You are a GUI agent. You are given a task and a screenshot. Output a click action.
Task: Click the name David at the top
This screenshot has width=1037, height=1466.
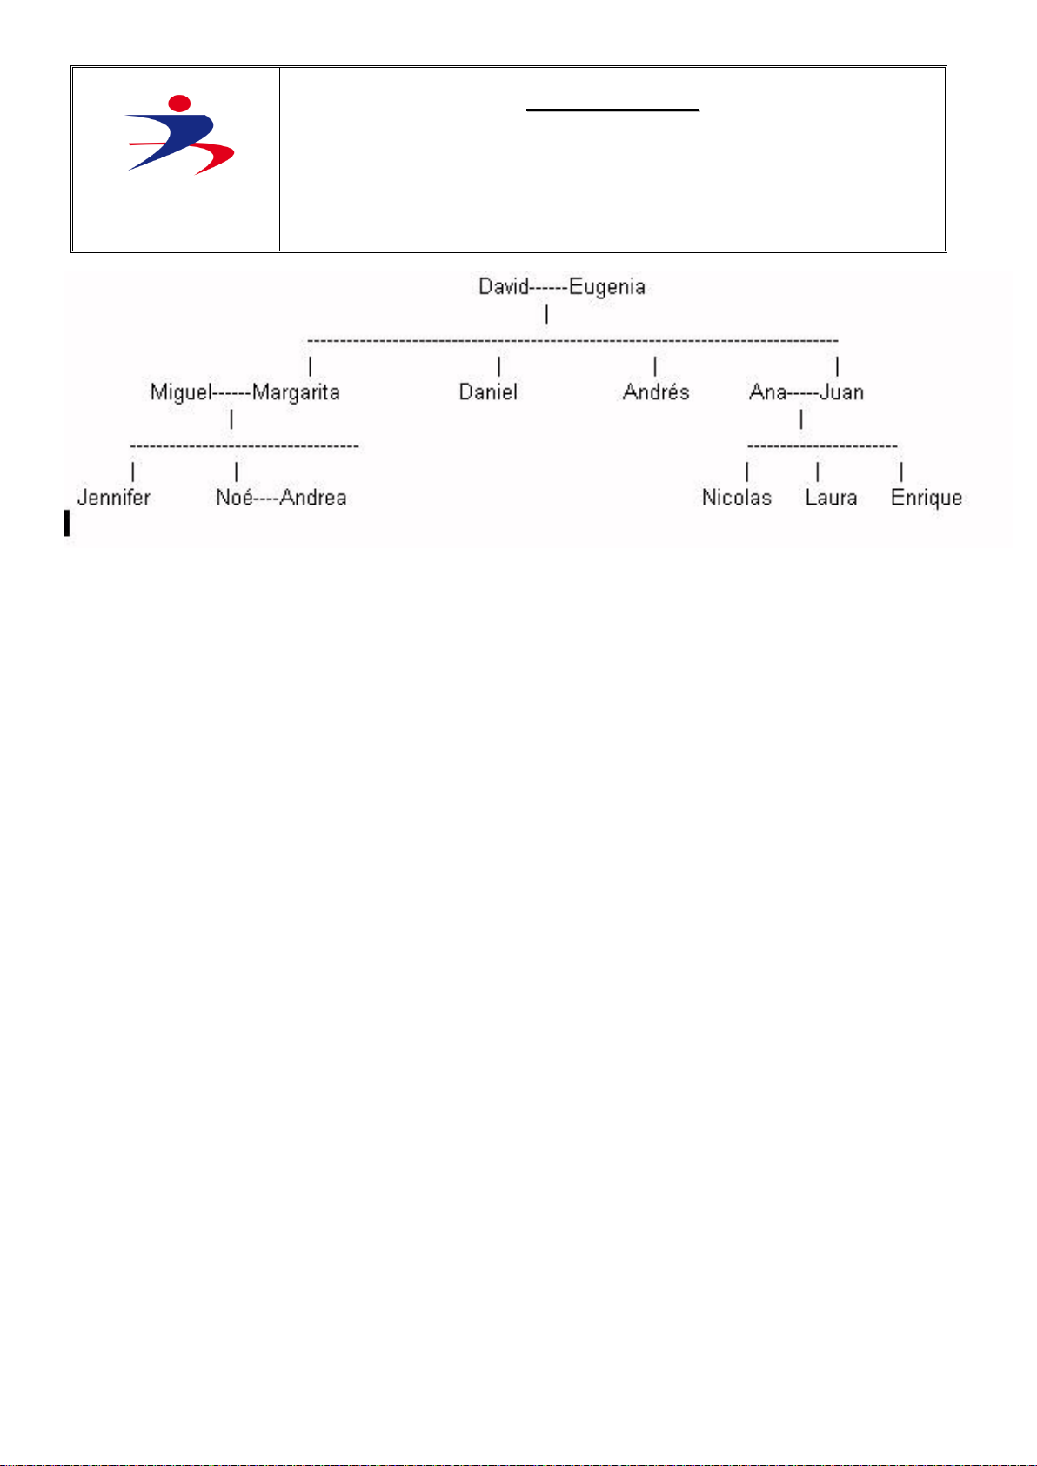504,287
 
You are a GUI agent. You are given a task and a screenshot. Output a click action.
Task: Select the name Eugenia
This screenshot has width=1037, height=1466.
607,288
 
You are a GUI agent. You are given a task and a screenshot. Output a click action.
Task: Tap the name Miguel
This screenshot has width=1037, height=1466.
181,392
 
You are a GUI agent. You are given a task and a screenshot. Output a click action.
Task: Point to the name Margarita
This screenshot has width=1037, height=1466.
296,393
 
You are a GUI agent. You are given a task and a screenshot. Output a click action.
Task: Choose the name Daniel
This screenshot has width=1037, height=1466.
488,392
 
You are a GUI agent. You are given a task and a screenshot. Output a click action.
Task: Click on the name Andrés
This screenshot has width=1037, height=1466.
656,392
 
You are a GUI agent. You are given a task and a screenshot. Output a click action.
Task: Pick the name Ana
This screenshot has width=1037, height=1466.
767,392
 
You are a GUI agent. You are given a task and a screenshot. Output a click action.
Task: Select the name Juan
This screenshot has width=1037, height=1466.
841,392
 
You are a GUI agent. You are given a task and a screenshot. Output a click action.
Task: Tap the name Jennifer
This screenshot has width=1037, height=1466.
114,498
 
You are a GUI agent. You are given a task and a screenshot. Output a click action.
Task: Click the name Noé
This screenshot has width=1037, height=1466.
234,498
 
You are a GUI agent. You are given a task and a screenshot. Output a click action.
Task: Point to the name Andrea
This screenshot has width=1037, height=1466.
313,498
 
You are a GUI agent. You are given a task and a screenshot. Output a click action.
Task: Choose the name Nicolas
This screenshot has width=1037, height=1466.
737,498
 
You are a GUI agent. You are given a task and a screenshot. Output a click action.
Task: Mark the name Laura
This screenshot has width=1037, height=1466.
831,498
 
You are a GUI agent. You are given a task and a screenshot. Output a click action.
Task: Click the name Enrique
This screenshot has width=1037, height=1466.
927,499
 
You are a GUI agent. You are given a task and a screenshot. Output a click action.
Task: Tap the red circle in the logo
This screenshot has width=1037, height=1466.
179,104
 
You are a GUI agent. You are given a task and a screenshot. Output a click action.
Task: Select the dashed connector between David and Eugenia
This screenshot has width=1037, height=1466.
549,288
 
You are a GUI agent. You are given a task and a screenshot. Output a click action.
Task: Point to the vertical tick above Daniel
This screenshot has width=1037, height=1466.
498,366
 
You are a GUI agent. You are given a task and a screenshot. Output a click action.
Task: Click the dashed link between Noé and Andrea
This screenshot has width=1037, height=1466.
266,499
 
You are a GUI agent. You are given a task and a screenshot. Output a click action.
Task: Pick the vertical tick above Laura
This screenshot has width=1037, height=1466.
818,472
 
